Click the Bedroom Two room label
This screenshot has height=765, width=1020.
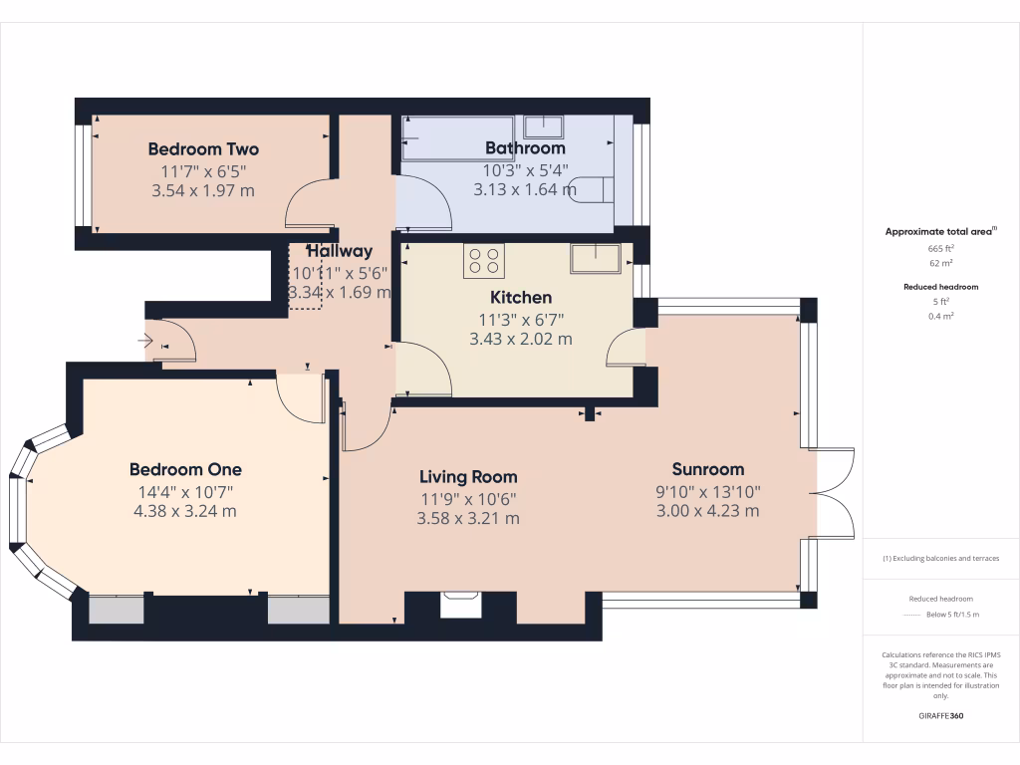coord(203,149)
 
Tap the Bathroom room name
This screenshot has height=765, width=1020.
coord(524,148)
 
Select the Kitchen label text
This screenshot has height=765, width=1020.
coord(520,298)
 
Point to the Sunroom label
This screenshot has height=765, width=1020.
coord(707,469)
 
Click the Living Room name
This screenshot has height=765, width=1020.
coord(468,477)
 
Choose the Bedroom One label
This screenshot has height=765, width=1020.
coord(185,469)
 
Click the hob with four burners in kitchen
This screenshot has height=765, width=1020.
coord(483,261)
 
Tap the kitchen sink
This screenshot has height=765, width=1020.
coord(595,258)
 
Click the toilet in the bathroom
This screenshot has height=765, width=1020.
coord(594,189)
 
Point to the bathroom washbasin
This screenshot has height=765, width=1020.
coord(543,127)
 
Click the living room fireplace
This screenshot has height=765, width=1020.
coord(460,604)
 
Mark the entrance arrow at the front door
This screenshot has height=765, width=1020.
coord(144,341)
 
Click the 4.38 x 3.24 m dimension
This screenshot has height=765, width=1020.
coord(185,511)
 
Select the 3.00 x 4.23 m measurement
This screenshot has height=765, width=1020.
coord(707,511)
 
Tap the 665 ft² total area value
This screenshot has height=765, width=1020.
coord(940,248)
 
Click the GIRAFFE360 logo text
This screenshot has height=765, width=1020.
coord(940,716)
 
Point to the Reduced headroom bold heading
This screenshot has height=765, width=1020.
coord(940,287)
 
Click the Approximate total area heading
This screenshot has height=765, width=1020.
coord(939,231)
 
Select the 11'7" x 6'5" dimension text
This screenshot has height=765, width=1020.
coord(203,171)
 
